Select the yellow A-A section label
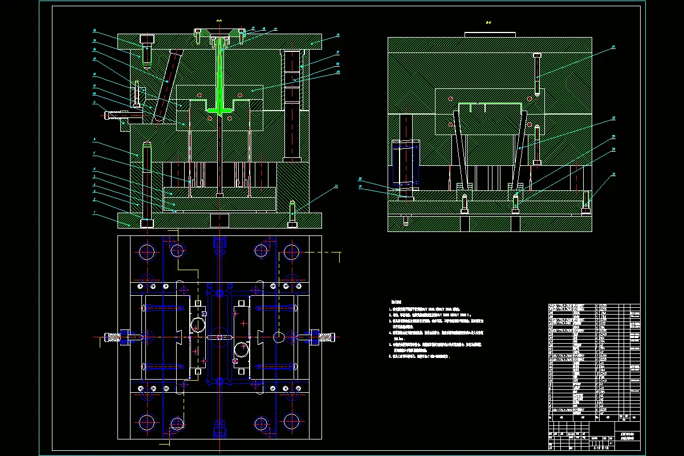coord(219,21)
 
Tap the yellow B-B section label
coord(488,23)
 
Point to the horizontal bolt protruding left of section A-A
coord(123,115)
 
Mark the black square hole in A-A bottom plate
coord(219,219)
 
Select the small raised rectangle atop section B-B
coord(490,34)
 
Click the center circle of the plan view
coord(219,337)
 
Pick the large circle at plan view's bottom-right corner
coord(291,422)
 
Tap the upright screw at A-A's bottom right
coord(292,214)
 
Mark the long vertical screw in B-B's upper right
coord(537,74)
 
